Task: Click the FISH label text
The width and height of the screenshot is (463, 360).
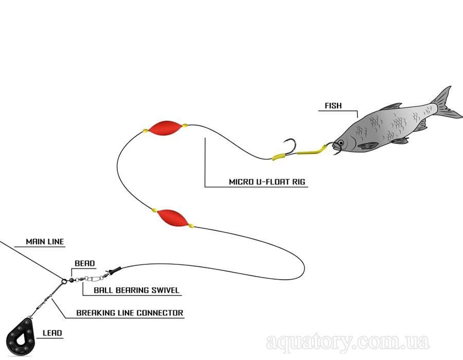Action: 333,105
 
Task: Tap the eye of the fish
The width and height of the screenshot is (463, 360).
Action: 341,143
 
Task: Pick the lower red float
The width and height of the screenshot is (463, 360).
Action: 172,218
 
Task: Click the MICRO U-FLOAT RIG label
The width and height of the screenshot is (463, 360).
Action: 267,182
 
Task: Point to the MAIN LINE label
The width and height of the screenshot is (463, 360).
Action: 45,242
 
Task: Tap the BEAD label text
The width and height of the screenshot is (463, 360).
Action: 85,263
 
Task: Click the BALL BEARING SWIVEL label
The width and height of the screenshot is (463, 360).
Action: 136,290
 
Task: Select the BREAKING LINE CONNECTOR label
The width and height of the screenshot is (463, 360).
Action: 130,313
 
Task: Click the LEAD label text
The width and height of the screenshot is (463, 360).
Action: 52,333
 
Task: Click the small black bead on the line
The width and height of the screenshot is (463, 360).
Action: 71,280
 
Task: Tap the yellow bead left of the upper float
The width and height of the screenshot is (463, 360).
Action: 145,131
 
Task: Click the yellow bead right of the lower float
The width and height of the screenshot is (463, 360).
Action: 191,226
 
